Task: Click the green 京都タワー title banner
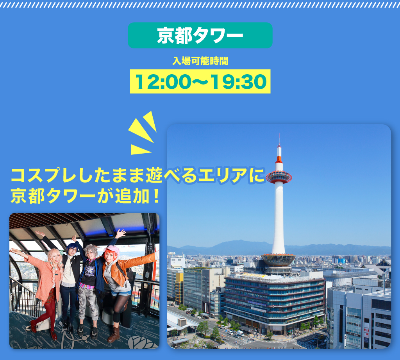pos(200,35)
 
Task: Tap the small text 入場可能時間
pos(200,61)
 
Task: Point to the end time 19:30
pos(239,82)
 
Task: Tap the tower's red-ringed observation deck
pos(279,177)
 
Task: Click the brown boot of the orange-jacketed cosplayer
pos(114,335)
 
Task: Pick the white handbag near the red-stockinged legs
pos(43,324)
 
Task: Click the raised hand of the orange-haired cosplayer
pos(121,233)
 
